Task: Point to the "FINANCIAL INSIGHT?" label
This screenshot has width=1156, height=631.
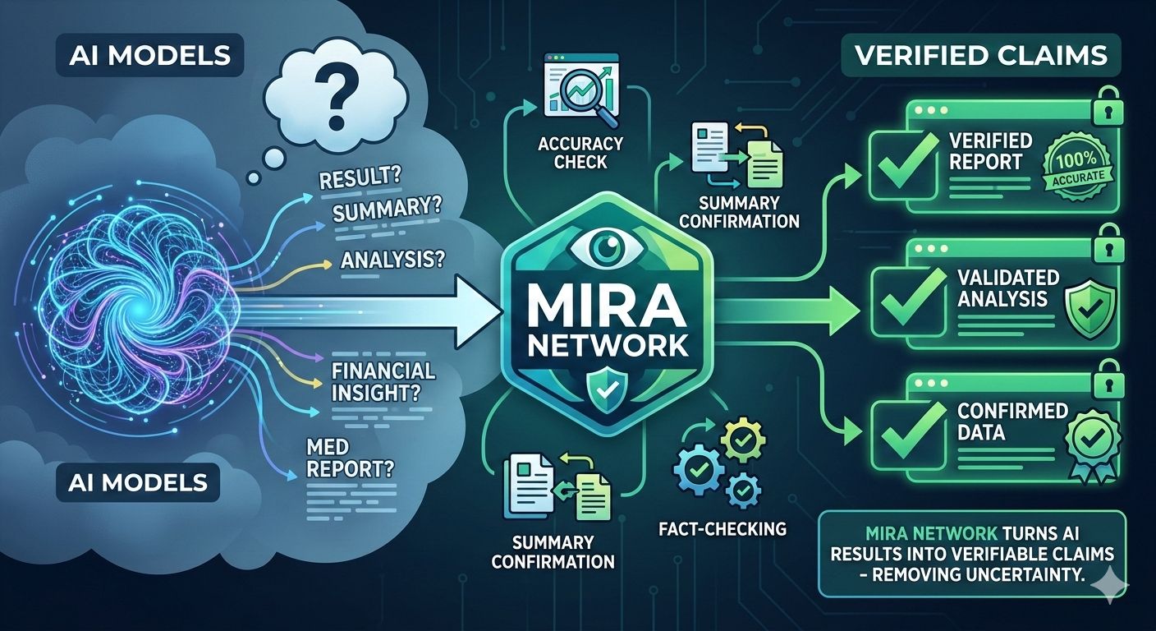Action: coord(383,381)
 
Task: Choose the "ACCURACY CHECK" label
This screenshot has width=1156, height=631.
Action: coord(581,151)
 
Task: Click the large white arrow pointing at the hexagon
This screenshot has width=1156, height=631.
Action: coord(427,311)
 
